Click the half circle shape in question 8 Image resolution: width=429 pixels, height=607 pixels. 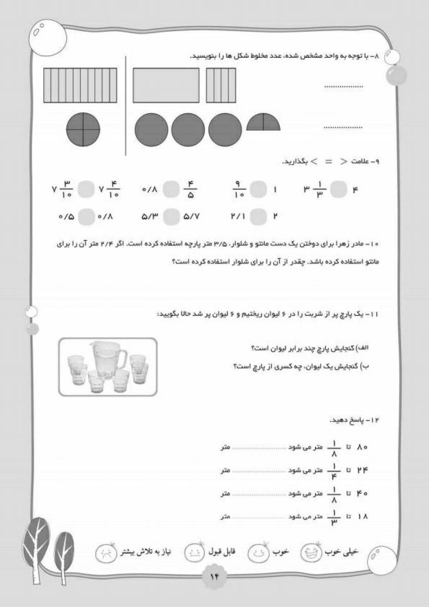pyautogui.click(x=263, y=123)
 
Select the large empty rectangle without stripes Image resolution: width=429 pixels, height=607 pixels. pyautogui.click(x=166, y=85)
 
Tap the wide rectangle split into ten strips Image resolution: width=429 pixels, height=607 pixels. pyautogui.click(x=80, y=85)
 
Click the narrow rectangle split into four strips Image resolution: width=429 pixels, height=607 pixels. pyautogui.click(x=221, y=85)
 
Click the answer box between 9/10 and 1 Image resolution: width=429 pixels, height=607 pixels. pyautogui.click(x=258, y=190)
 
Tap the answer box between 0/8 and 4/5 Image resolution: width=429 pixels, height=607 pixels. pyautogui.click(x=171, y=190)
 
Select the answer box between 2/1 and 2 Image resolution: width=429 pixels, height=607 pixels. pyautogui.click(x=258, y=217)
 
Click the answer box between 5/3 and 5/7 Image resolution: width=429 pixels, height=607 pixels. pyautogui.click(x=171, y=217)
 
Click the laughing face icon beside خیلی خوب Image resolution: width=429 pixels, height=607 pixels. pyautogui.click(x=311, y=552)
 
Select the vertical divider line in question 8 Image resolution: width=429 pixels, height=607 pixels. pyautogui.click(x=126, y=105)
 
